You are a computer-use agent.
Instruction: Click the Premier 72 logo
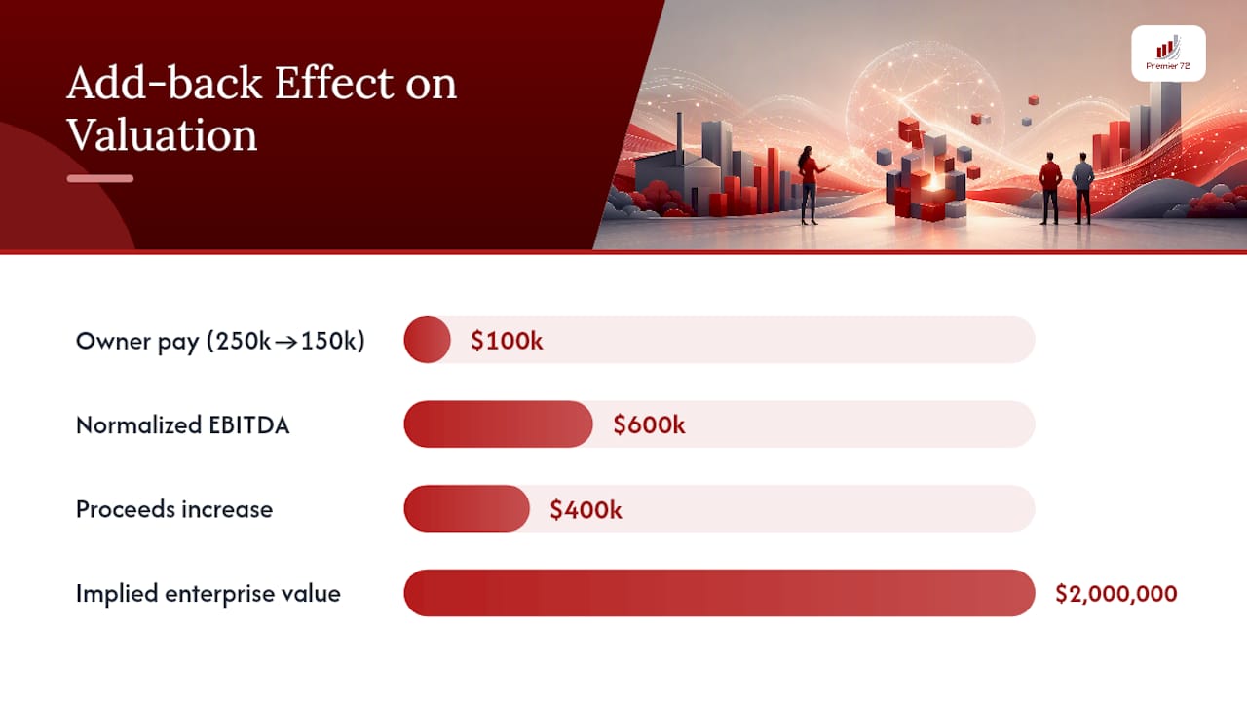coord(1168,54)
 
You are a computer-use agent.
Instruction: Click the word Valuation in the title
coord(162,135)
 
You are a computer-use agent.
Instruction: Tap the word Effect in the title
coord(333,84)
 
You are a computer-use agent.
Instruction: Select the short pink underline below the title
coord(100,178)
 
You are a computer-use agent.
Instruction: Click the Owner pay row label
coord(220,341)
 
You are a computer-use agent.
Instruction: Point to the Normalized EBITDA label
coord(182,425)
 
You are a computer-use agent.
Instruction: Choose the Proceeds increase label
coord(174,509)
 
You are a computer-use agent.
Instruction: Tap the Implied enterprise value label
coord(208,594)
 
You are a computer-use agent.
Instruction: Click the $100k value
coord(507,341)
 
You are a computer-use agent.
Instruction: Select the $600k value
coord(649,425)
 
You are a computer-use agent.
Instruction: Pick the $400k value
coord(586,509)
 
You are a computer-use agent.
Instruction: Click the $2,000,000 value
coord(1116,594)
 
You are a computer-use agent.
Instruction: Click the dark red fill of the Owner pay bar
coord(427,340)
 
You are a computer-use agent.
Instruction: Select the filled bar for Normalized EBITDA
coord(498,424)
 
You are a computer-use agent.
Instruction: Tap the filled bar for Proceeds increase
coord(467,508)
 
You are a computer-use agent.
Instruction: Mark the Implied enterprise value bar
coord(719,593)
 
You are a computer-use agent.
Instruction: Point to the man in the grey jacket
coord(1082,188)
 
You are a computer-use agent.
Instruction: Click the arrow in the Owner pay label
coord(286,342)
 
